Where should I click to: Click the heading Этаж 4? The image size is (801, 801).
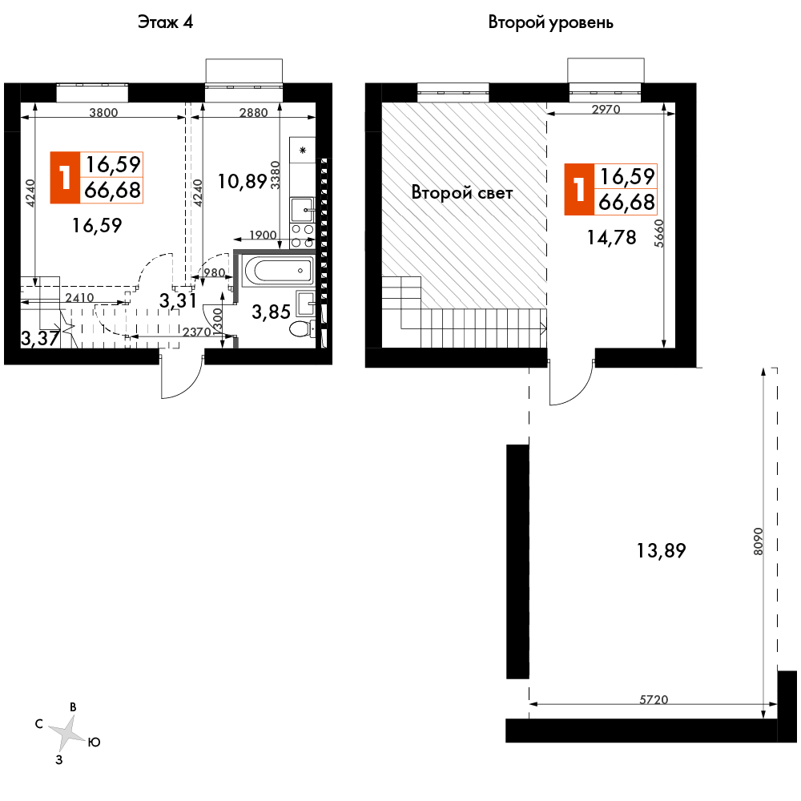tap(167, 22)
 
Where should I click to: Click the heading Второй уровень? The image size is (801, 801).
tap(551, 22)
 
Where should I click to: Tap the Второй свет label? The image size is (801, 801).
tap(462, 192)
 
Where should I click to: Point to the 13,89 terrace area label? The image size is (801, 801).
tap(662, 550)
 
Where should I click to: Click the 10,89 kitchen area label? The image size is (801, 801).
tap(241, 181)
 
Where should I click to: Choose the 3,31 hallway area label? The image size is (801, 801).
tap(178, 301)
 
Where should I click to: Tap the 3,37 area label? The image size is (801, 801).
tap(39, 338)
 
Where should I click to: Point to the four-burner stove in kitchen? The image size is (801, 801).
tap(303, 235)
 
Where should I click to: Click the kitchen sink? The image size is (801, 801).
tap(303, 210)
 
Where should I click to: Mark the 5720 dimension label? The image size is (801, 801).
tap(654, 699)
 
